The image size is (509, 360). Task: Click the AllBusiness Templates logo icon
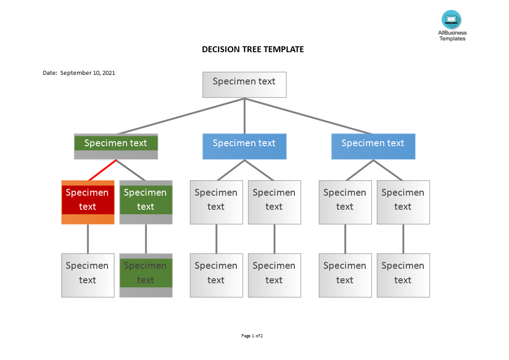pos(451,20)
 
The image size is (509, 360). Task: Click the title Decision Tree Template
pos(253,49)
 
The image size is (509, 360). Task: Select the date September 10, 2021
pos(88,73)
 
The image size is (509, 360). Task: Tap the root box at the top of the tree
pos(244,84)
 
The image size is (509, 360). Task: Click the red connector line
pos(102,170)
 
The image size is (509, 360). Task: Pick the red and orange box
pos(88,202)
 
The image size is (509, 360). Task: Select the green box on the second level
pos(116,146)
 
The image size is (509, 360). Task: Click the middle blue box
pos(244,146)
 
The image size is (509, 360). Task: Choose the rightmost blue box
pos(373,146)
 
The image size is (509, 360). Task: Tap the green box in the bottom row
pos(146,275)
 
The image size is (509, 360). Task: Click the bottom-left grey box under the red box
pos(88,275)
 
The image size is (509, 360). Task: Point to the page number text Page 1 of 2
pos(252,336)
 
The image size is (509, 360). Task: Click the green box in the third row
pos(146,202)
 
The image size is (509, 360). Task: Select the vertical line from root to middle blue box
pos(245,116)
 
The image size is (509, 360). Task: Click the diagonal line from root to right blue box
pos(308,116)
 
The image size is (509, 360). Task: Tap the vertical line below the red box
pos(88,239)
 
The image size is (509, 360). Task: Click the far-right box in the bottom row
pos(403,275)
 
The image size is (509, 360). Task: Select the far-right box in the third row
pos(403,202)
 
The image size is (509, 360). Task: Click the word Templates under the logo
pos(452,39)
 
